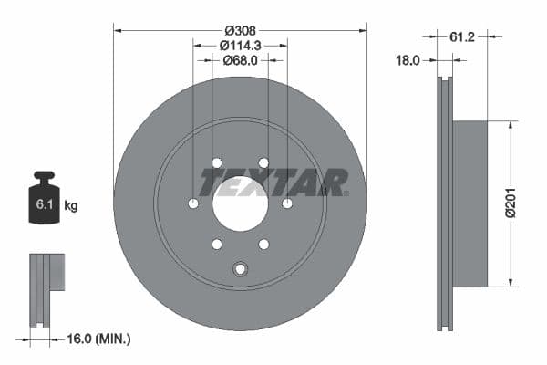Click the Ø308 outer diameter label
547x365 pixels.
point(240,16)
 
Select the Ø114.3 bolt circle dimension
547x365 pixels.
point(241,45)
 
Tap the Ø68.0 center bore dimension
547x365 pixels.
point(241,60)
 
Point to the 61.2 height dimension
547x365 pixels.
point(462,36)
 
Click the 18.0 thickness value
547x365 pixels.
point(408,60)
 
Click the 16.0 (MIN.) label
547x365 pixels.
point(100,339)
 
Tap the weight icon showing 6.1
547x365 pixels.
point(44,200)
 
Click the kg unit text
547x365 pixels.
point(71,206)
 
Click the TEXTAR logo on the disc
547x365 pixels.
point(273,182)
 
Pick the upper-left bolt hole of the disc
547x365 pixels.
point(217,163)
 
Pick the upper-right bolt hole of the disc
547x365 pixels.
point(263,163)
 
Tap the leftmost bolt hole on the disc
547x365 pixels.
point(193,203)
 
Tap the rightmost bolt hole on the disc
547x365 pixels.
point(287,203)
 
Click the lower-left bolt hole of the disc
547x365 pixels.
point(217,244)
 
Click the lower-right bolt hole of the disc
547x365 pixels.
point(263,244)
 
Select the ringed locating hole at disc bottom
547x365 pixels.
point(241,268)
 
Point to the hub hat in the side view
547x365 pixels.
point(470,202)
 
